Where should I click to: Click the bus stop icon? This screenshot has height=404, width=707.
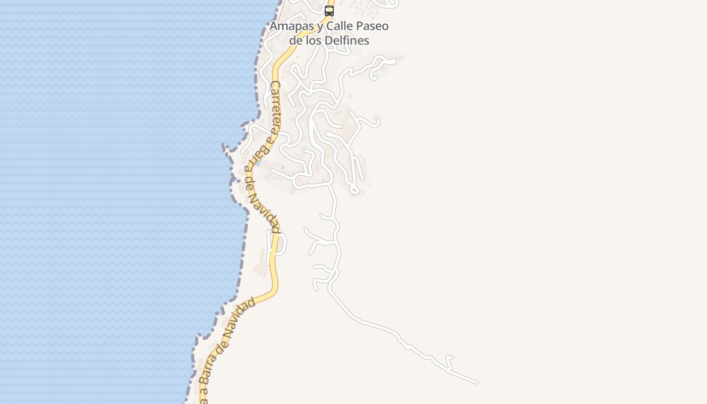[329, 11]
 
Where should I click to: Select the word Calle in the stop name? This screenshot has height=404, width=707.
[342, 26]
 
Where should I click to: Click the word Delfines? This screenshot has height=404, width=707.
[348, 40]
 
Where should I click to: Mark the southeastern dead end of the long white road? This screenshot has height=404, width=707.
[476, 382]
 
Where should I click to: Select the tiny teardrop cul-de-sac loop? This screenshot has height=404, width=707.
[355, 190]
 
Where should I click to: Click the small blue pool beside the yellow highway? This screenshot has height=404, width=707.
[259, 163]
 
